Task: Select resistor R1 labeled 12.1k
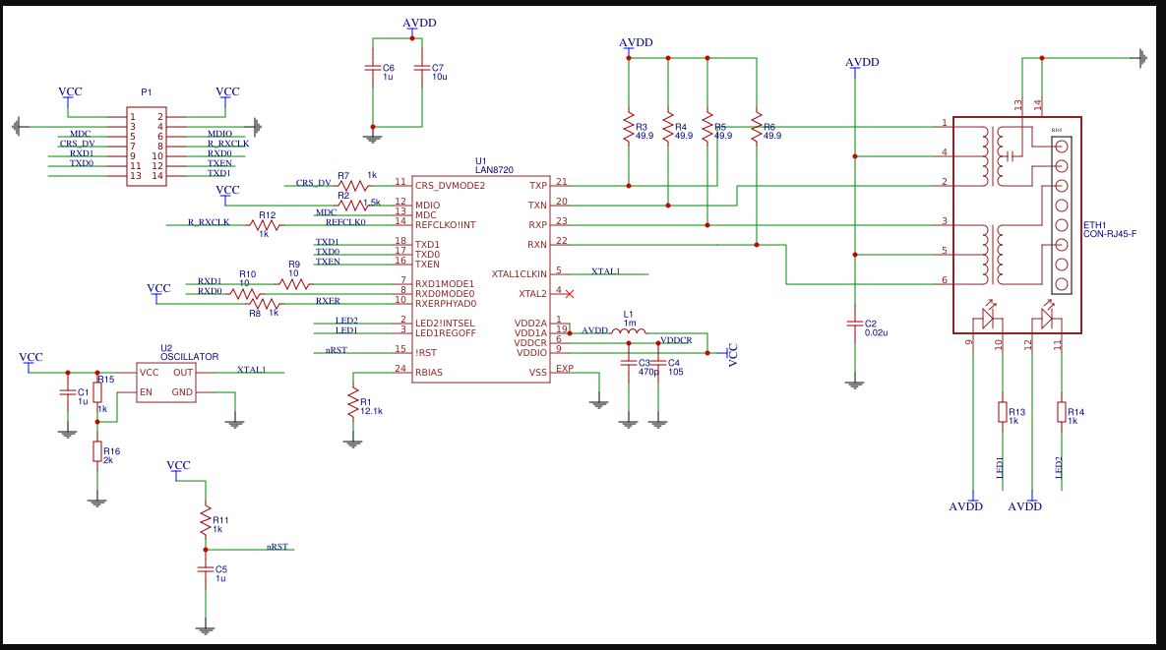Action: click(x=352, y=404)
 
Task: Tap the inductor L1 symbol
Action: click(x=628, y=331)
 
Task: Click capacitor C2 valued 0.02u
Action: click(x=855, y=324)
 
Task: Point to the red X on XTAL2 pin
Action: click(x=570, y=293)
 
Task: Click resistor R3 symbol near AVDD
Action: click(x=628, y=127)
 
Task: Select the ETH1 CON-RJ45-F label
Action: click(x=1109, y=229)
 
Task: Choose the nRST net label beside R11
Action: click(x=277, y=546)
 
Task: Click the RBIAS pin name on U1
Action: click(x=429, y=372)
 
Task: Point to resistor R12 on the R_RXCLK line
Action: click(x=264, y=225)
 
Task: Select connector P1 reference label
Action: click(x=146, y=91)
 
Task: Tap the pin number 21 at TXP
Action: click(x=561, y=182)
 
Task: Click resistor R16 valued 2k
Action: click(x=97, y=451)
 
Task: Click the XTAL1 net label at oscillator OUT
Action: click(x=251, y=370)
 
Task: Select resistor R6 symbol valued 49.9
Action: click(x=756, y=125)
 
